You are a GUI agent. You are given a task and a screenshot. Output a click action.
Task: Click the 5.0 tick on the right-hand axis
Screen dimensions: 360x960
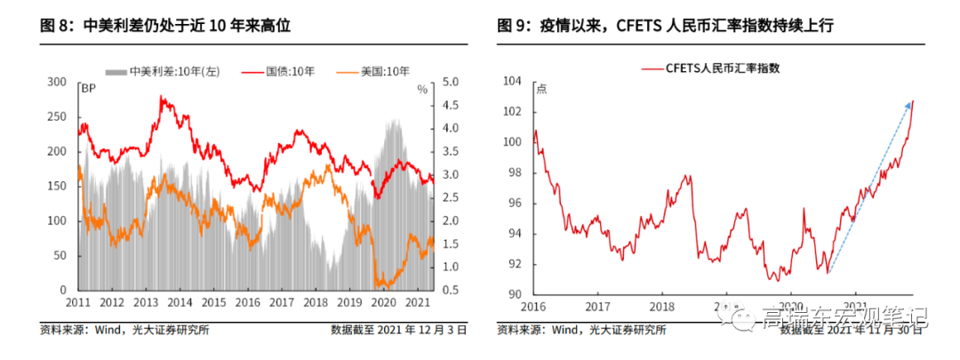pos(450,82)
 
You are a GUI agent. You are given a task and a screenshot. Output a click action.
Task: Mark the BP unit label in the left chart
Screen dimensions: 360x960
pos(88,89)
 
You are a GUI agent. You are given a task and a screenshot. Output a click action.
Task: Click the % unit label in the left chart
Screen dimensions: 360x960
pos(422,89)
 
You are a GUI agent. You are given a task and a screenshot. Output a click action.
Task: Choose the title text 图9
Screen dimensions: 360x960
pos(514,27)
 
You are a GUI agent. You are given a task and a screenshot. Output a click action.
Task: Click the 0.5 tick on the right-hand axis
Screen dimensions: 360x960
pos(450,290)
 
